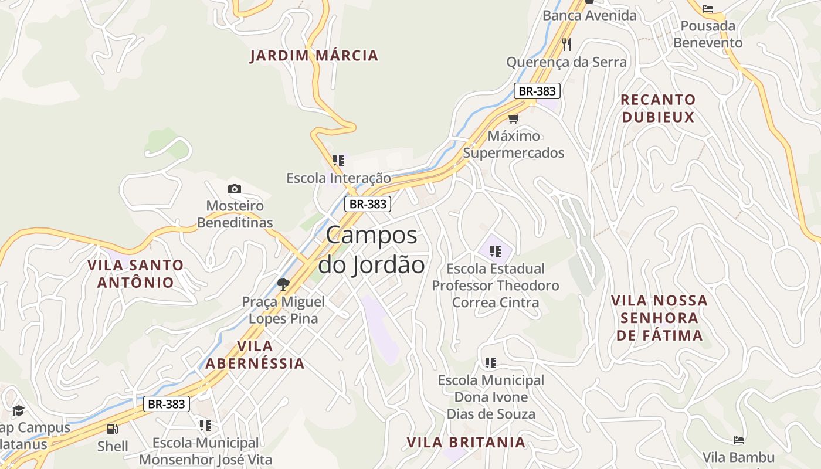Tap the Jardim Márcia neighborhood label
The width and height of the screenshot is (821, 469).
pyautogui.click(x=314, y=56)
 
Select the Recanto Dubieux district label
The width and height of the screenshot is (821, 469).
pyautogui.click(x=658, y=108)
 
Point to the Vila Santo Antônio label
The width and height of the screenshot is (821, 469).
pyautogui.click(x=135, y=274)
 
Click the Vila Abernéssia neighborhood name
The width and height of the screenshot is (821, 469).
pyautogui.click(x=255, y=355)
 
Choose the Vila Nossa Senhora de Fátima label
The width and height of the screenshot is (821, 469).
pyautogui.click(x=659, y=318)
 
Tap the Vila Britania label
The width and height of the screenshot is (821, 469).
pyautogui.click(x=466, y=442)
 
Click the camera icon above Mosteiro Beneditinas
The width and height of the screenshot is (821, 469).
pyautogui.click(x=235, y=189)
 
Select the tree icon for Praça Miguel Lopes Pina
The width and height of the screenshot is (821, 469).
pyautogui.click(x=283, y=285)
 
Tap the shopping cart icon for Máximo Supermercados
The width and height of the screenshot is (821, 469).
pyautogui.click(x=514, y=119)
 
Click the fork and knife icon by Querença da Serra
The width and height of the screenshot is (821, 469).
pyautogui.click(x=566, y=45)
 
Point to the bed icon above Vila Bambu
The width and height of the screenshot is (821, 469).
pyautogui.click(x=739, y=440)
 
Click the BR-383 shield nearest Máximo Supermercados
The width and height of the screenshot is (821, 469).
pyautogui.click(x=537, y=91)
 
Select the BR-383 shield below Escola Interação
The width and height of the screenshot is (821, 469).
pyautogui.click(x=367, y=204)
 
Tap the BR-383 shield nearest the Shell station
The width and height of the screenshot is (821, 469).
pyautogui.click(x=167, y=404)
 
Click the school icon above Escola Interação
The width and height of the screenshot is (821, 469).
pyautogui.click(x=338, y=161)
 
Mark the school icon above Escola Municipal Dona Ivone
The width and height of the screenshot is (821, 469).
pyautogui.click(x=491, y=363)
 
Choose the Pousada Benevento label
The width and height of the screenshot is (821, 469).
pyautogui.click(x=708, y=35)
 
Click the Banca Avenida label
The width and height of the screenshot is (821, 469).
pyautogui.click(x=589, y=15)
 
